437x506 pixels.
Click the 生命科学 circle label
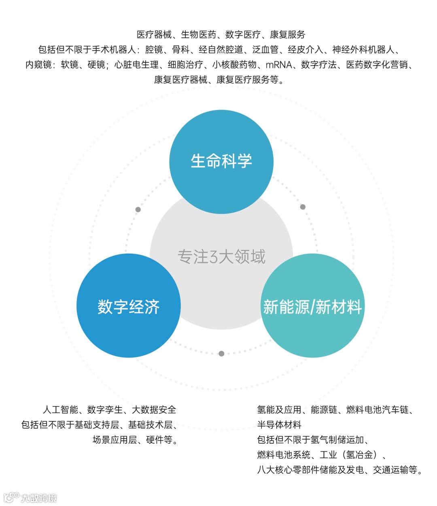pos(221,161)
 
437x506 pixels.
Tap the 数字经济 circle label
pos(128,307)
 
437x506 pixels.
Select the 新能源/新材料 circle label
pos(312,307)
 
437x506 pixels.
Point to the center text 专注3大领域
pos(221,257)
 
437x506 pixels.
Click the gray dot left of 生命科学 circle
pos(138,210)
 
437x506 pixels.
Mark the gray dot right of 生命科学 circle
pos(303,207)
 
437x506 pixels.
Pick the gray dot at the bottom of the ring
pos(221,354)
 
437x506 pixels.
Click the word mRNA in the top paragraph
pos(279,65)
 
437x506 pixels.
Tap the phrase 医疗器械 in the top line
pos(154,35)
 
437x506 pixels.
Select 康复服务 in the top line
pos(288,35)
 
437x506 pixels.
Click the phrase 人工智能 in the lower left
pos(60,410)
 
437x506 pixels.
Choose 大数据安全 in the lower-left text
pos(154,410)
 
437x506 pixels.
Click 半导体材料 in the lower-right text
pos(279,425)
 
